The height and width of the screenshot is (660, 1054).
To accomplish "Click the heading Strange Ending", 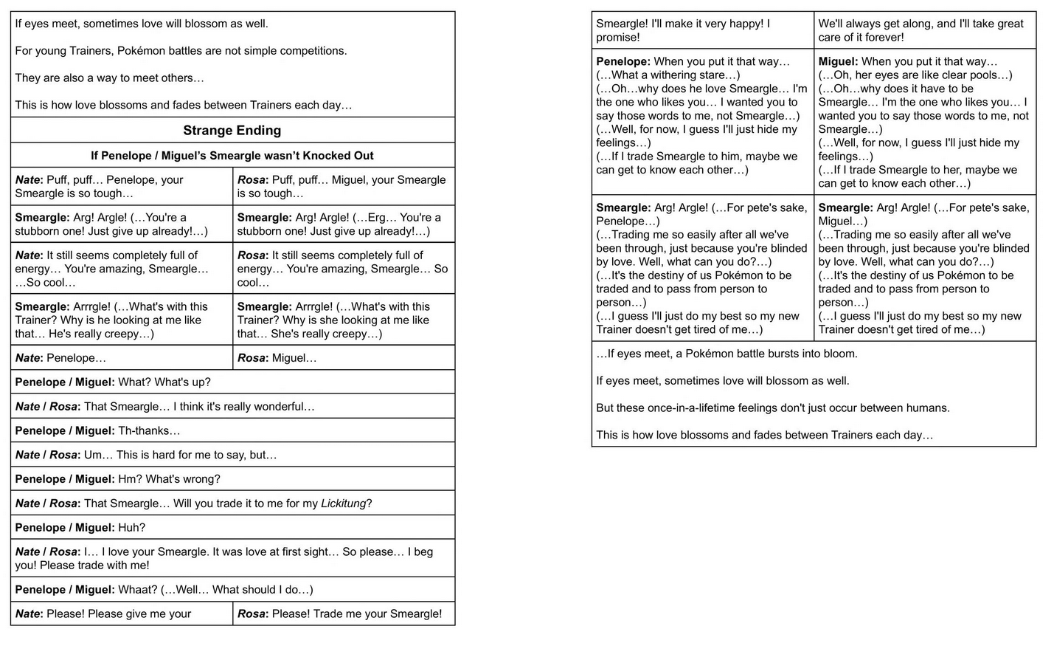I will pyautogui.click(x=232, y=131).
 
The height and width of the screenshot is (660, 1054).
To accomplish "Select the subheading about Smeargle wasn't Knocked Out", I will pyautogui.click(x=232, y=156).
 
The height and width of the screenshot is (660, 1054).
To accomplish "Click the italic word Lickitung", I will pyautogui.click(x=343, y=503).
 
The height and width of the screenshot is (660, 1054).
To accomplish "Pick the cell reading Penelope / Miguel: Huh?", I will pyautogui.click(x=232, y=528).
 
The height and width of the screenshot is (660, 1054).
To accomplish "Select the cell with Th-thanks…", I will pyautogui.click(x=232, y=431).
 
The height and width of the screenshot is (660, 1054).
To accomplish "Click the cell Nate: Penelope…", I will pyautogui.click(x=122, y=358).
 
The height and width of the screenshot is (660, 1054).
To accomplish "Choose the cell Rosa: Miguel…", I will pyautogui.click(x=344, y=358).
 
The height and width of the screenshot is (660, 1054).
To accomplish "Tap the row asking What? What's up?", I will pyautogui.click(x=232, y=382).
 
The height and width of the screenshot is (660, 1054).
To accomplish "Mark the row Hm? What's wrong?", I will pyautogui.click(x=232, y=479).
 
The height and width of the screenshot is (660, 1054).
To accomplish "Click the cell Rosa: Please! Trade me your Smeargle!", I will pyautogui.click(x=344, y=614).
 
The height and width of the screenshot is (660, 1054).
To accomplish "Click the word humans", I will pyautogui.click(x=931, y=408).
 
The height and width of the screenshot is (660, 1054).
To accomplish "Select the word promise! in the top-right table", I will pyautogui.click(x=618, y=38).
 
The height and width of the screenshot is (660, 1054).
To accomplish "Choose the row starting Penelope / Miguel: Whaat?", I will pyautogui.click(x=232, y=590).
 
